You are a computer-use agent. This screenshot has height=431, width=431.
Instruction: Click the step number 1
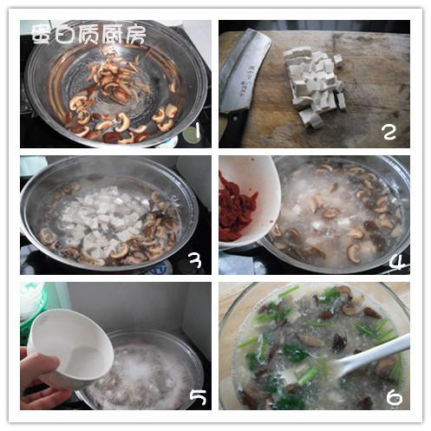(x=198, y=131)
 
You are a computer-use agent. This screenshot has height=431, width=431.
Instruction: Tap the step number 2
(x=389, y=132)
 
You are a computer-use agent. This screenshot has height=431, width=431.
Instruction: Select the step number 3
(x=195, y=259)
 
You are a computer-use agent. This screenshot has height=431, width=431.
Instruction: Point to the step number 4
(x=396, y=262)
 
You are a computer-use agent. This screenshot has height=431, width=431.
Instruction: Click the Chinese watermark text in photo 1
(x=88, y=36)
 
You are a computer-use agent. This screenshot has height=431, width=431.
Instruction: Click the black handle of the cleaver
(x=232, y=128)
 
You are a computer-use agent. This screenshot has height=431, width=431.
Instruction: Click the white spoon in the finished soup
(x=374, y=356)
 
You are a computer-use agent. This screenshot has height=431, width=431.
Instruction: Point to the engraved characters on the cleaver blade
(x=245, y=79)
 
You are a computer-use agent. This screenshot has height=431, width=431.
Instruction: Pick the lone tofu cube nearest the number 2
(x=342, y=101)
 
